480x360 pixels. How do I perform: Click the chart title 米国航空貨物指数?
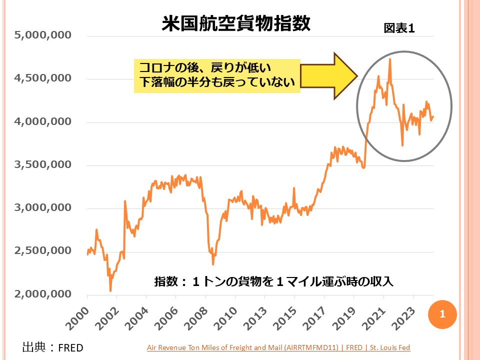coord(236,23)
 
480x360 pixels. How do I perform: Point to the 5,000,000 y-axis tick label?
coord(43,35)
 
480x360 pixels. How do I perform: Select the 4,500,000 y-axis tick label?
coord(43,78)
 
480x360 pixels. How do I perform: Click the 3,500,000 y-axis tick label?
coord(43,165)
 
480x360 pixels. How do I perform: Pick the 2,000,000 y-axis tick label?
coord(43,294)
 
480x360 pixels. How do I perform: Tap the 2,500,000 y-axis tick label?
coord(43,251)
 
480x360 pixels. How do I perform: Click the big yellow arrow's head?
coord(344,76)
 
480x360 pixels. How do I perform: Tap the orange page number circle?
coord(442,314)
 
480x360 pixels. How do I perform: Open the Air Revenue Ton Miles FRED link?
coord(278,347)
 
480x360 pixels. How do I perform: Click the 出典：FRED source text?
coord(53,347)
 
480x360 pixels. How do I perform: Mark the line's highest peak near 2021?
coord(389,59)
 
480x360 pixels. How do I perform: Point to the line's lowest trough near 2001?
coord(110,290)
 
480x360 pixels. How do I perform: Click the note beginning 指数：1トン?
coord(274,282)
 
